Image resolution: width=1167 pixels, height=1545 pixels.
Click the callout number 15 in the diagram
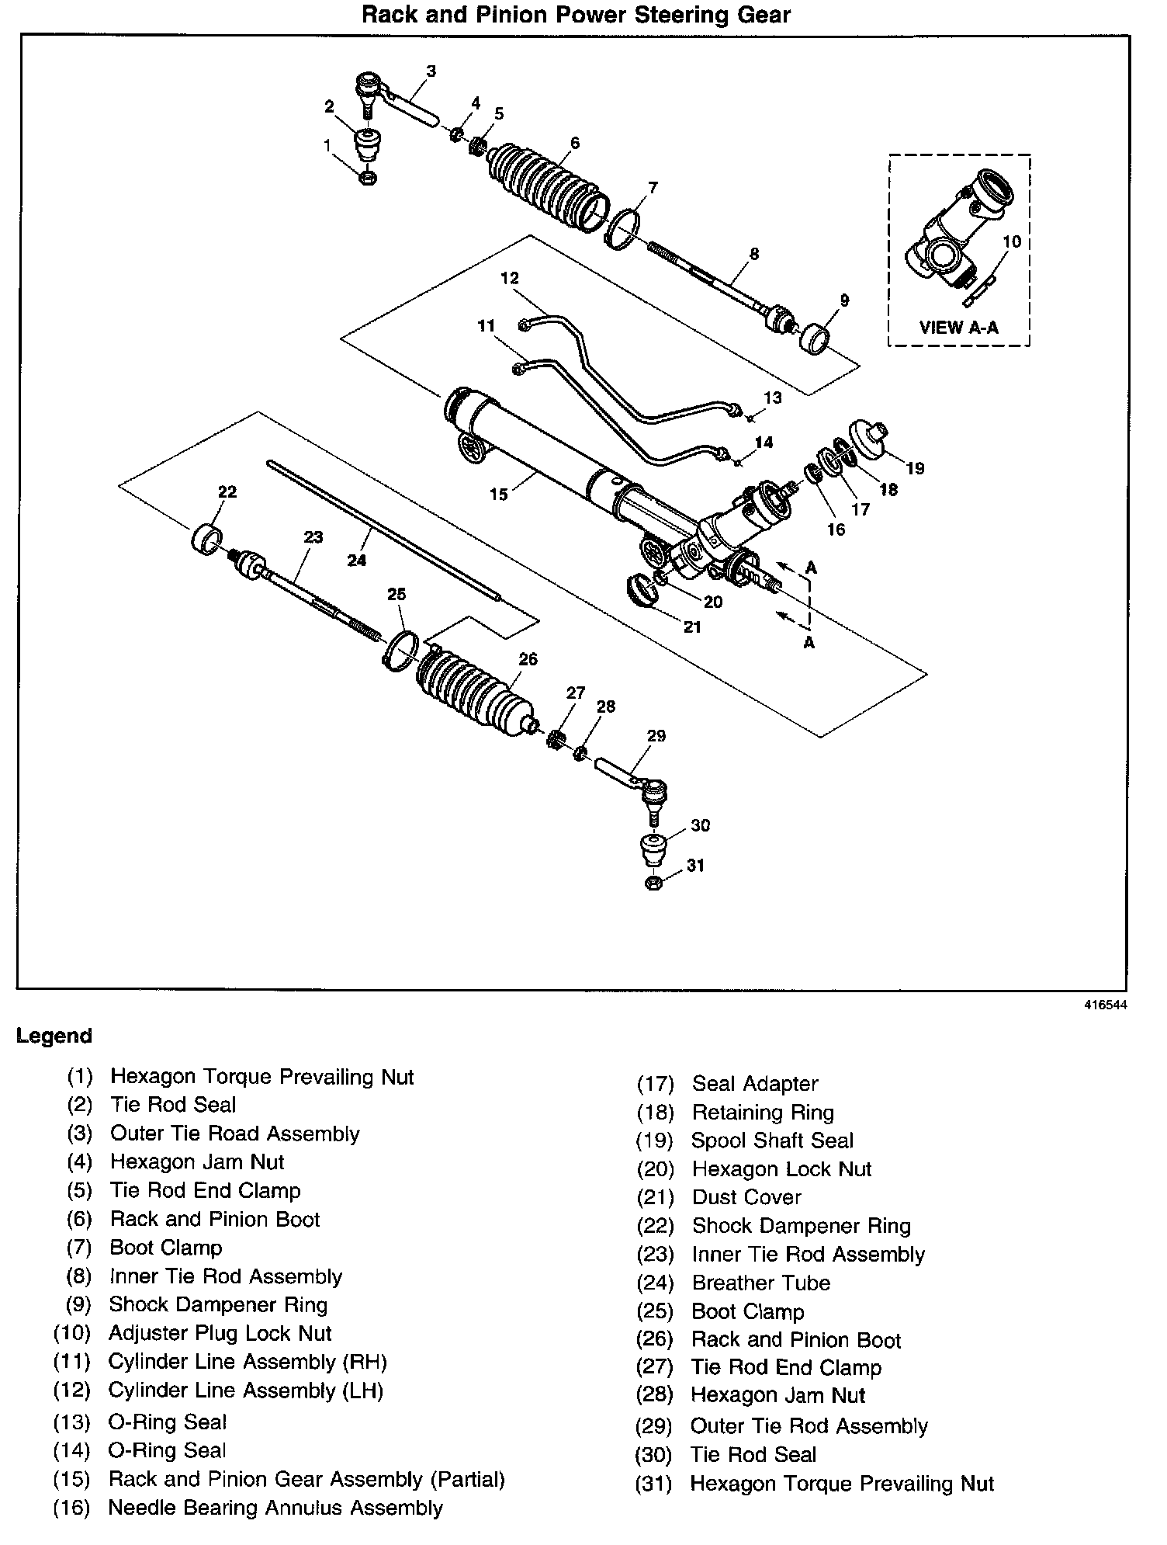(498, 494)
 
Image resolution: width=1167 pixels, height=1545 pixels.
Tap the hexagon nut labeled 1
(369, 177)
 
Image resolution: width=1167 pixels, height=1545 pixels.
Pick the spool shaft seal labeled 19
(870, 439)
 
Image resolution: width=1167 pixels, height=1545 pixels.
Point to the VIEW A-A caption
(959, 327)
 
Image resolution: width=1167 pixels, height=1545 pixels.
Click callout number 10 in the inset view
(1011, 241)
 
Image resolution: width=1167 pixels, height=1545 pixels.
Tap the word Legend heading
(54, 1036)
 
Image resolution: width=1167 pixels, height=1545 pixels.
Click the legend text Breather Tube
(760, 1283)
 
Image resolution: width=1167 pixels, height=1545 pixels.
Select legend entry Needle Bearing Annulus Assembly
(275, 1507)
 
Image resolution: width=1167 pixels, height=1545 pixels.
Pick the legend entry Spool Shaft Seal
(772, 1141)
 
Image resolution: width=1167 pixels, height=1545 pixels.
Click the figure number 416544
(1105, 1005)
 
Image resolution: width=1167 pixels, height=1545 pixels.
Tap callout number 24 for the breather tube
(356, 559)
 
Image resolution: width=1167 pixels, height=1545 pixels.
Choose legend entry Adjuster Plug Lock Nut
(220, 1333)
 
